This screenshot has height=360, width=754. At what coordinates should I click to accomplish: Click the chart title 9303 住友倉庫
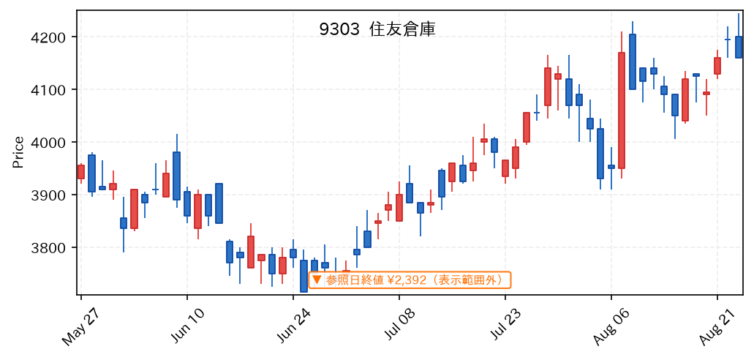377,30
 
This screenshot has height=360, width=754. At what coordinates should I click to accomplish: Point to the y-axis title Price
18,153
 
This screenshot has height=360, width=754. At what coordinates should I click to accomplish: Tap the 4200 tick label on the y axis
57,37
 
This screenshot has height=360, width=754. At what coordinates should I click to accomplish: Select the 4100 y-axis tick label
57,89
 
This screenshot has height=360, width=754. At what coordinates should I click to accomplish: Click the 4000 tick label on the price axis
57,143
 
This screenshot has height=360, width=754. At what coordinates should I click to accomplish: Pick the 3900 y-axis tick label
57,195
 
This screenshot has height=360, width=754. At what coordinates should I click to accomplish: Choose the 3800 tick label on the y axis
57,248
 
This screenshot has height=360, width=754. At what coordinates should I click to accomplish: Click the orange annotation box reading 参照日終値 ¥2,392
410,280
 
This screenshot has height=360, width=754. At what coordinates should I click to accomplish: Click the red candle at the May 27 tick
80,172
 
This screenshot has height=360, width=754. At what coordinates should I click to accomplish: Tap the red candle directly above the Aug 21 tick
717,66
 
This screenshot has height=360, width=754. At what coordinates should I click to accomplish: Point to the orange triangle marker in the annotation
317,280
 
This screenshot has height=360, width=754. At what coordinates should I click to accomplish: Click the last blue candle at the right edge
739,47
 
